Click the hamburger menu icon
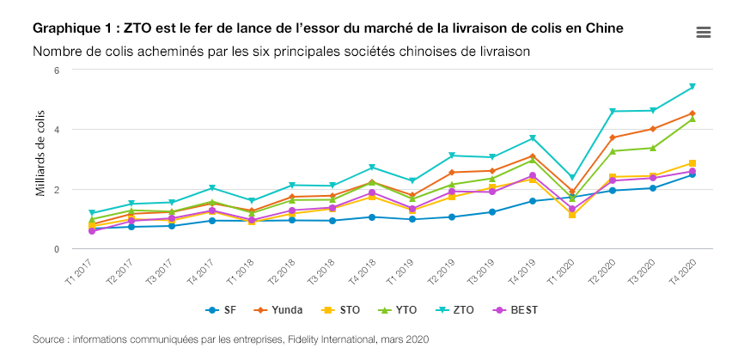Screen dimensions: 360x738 tap(703, 32)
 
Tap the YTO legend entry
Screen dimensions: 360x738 tap(402, 309)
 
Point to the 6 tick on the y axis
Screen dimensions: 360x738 tap(56, 70)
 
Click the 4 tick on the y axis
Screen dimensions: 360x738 tap(56, 130)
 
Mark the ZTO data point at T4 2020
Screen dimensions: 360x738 tap(692, 87)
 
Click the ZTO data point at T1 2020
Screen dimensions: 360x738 tap(572, 179)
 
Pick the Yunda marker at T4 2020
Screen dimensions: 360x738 tap(692, 113)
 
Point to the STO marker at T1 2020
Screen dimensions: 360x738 tap(572, 215)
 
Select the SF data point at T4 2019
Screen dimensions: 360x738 tap(533, 201)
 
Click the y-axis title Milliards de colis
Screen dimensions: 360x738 tap(40, 160)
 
